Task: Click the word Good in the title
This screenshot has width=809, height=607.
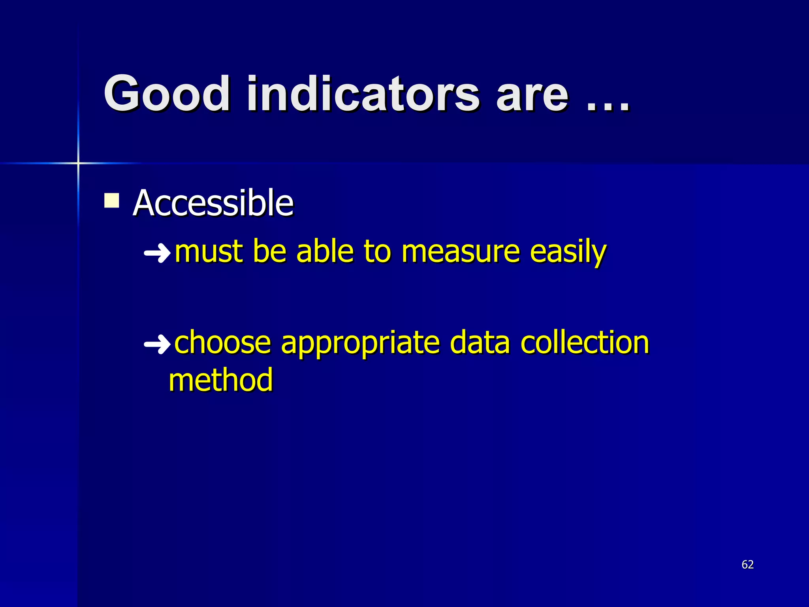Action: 167,94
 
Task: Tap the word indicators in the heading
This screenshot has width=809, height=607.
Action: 363,94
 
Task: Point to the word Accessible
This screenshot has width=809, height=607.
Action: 213,203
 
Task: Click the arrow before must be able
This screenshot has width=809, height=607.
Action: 157,253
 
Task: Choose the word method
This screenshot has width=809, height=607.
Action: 220,380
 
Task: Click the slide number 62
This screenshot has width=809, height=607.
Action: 747,564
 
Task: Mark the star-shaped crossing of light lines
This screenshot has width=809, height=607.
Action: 78,163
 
